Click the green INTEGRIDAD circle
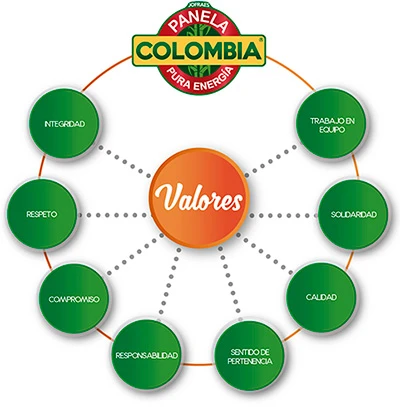click(65, 124)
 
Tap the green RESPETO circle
click(42, 214)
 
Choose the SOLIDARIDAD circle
click(353, 214)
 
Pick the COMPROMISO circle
click(74, 299)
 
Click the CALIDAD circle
click(321, 297)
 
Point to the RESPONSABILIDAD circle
click(146, 355)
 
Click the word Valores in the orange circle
click(198, 198)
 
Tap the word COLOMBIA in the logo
click(199, 51)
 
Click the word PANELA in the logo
click(200, 24)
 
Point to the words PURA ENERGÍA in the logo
click(200, 78)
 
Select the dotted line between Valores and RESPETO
click(114, 215)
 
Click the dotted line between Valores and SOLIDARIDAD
click(283, 215)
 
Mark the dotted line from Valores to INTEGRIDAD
click(124, 161)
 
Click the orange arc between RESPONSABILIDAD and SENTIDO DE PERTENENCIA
click(197, 364)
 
